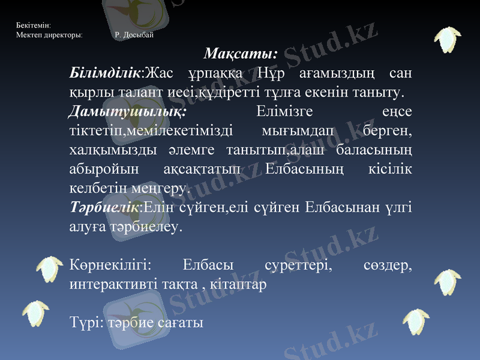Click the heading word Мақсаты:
pyautogui.click(x=241, y=54)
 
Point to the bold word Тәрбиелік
pyautogui.click(x=104, y=208)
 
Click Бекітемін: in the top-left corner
pyautogui.click(x=34, y=26)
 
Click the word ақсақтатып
pyautogui.click(x=208, y=170)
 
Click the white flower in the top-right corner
pyautogui.click(x=447, y=38)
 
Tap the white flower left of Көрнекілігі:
pyautogui.click(x=50, y=268)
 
